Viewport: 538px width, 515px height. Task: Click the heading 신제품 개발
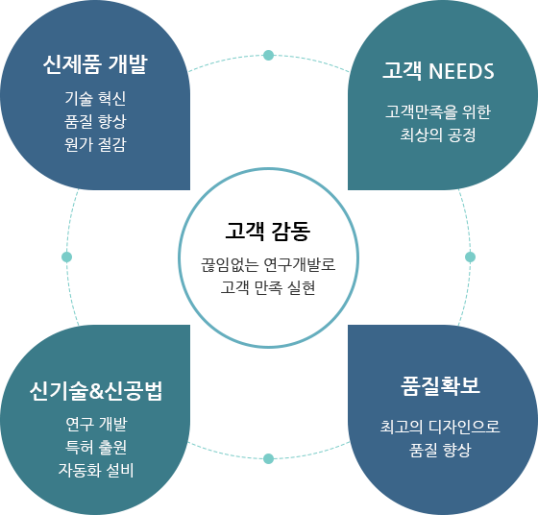tap(95, 64)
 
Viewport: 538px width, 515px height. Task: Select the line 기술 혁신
tap(95, 98)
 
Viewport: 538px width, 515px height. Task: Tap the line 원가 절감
tap(95, 144)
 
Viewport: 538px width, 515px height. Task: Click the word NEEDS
tap(461, 71)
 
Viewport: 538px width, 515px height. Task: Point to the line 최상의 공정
tap(438, 135)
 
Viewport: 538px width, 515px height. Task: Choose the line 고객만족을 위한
tap(438, 111)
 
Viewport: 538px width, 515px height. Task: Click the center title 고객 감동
tap(268, 231)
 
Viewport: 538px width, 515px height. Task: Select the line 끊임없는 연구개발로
tap(268, 264)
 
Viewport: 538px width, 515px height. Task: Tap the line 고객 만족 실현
tap(268, 287)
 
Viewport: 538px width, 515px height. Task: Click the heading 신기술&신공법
tap(96, 391)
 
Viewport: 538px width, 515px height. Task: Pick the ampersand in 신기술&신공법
tap(96, 392)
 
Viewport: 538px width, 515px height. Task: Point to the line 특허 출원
tap(96, 447)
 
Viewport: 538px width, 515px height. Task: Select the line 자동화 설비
tap(96, 470)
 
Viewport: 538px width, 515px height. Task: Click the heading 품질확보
tap(440, 386)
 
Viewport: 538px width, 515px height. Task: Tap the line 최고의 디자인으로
tap(440, 427)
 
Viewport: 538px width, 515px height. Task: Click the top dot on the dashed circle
tap(268, 55)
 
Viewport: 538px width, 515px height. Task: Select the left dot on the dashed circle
tap(66, 257)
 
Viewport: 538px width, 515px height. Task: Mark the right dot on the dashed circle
tap(470, 257)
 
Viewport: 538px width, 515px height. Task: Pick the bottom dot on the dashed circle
tap(268, 458)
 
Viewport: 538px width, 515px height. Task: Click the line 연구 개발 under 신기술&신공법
tap(96, 424)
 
